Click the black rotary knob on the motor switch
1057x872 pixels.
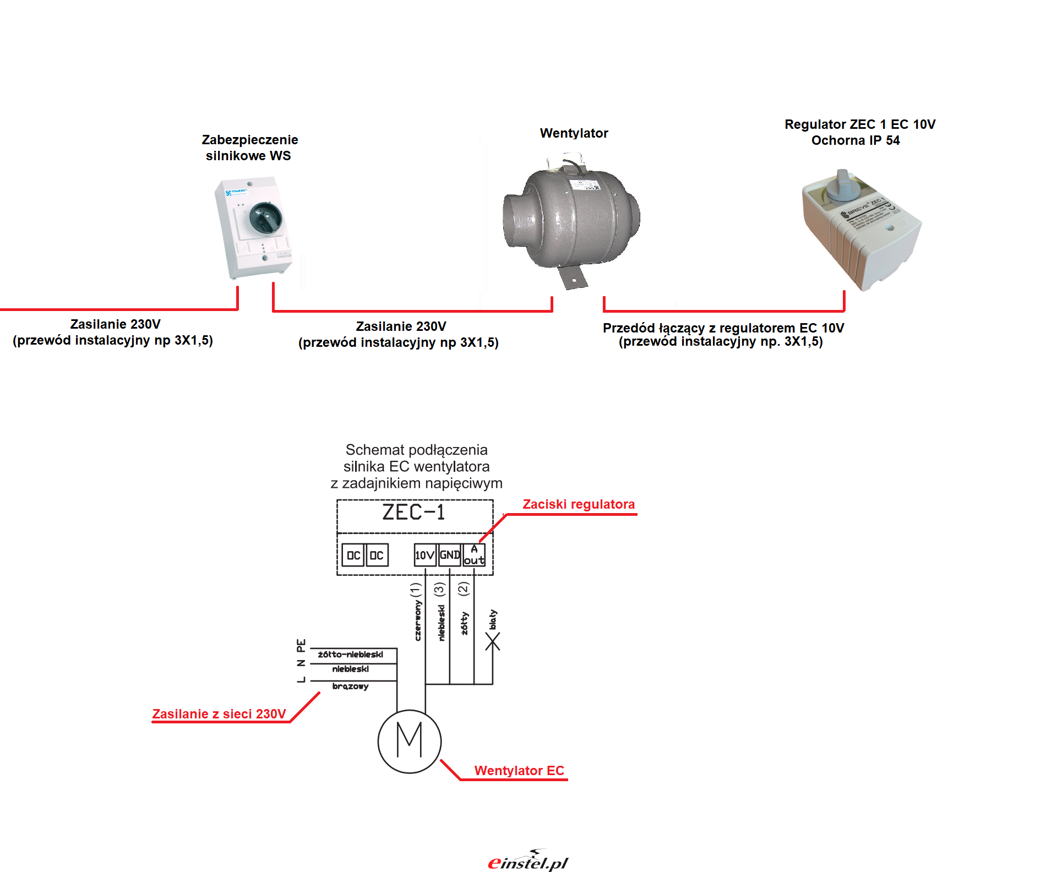266,217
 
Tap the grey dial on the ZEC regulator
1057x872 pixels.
842,185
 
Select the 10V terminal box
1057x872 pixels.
424,555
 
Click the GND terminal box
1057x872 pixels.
449,555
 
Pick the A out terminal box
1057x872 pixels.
474,555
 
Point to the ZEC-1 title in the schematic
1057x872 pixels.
413,513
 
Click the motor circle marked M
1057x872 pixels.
409,741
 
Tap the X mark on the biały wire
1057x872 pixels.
493,641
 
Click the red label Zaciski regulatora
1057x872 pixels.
579,504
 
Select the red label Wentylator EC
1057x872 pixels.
519,771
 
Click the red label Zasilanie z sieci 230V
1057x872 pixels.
219,714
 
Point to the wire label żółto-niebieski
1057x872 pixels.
350,655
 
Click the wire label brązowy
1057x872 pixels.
350,686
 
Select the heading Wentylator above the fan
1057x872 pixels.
574,133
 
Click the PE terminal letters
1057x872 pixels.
301,644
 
